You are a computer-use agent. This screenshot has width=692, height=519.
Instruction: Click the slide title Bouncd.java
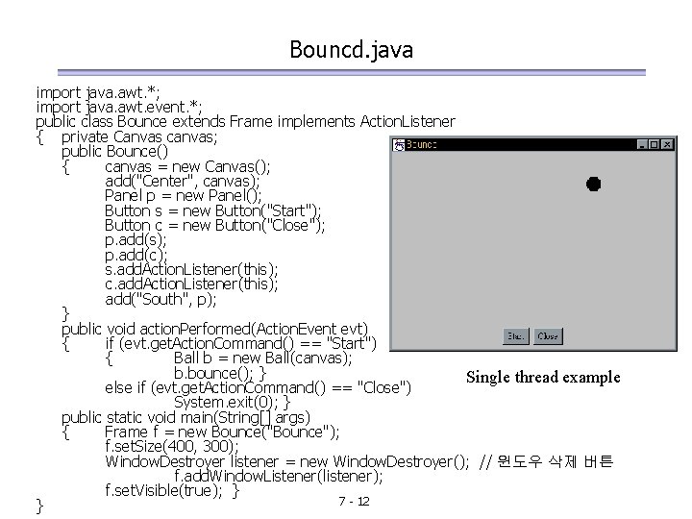[351, 49]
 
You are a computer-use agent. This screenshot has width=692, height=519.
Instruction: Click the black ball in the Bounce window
[593, 184]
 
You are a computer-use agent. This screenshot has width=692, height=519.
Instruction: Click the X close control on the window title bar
[668, 144]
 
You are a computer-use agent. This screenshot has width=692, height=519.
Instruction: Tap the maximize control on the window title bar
[655, 144]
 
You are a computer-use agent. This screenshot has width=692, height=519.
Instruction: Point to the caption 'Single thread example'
[543, 377]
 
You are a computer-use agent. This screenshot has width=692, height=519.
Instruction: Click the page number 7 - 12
[355, 503]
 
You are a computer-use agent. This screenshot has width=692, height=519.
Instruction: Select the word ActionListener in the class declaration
[407, 122]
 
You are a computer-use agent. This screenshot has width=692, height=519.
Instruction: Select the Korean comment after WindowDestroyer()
[556, 462]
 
